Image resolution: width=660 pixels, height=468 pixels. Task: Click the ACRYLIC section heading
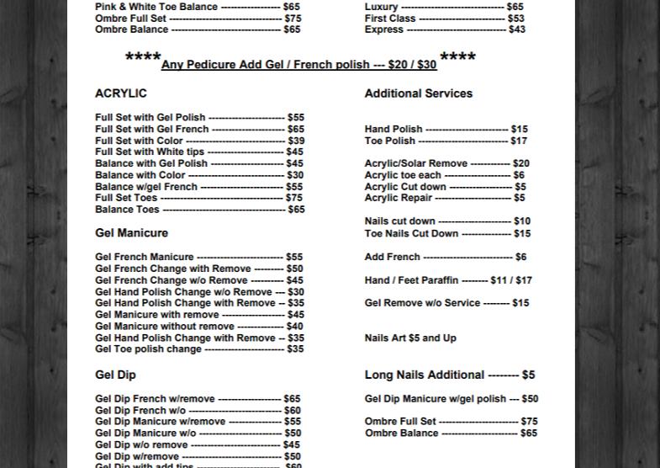[x=121, y=93]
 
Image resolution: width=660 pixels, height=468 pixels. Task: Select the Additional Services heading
[x=418, y=93]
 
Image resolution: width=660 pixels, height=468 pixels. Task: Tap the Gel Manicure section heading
[x=131, y=233]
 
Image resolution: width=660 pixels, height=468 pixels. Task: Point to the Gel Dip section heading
[x=115, y=375]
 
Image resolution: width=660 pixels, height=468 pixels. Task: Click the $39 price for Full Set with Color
[x=295, y=141]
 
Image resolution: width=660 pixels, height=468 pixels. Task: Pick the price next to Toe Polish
[x=519, y=141]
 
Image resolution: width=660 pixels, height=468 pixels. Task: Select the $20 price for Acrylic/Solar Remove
[x=520, y=163]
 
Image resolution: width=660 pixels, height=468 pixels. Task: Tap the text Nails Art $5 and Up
[x=410, y=338]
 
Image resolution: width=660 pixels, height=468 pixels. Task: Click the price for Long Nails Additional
[x=528, y=375]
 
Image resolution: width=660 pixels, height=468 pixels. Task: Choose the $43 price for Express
[x=517, y=29]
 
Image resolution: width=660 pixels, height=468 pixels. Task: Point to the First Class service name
[x=390, y=18]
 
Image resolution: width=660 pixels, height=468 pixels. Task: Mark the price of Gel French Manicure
[x=294, y=257]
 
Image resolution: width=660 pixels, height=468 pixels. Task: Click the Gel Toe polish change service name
[x=148, y=348]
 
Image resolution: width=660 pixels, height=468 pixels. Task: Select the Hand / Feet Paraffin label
[x=411, y=280]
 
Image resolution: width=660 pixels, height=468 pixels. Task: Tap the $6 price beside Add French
[x=521, y=257]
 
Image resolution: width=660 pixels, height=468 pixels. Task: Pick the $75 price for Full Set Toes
[x=294, y=198]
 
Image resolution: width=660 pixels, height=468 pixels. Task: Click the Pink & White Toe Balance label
[x=156, y=7]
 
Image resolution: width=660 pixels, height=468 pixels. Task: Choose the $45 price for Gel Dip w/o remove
[x=291, y=444]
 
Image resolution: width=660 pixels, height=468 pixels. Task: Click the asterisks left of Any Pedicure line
[x=143, y=58]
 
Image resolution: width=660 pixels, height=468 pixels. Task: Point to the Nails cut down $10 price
[x=522, y=221]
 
